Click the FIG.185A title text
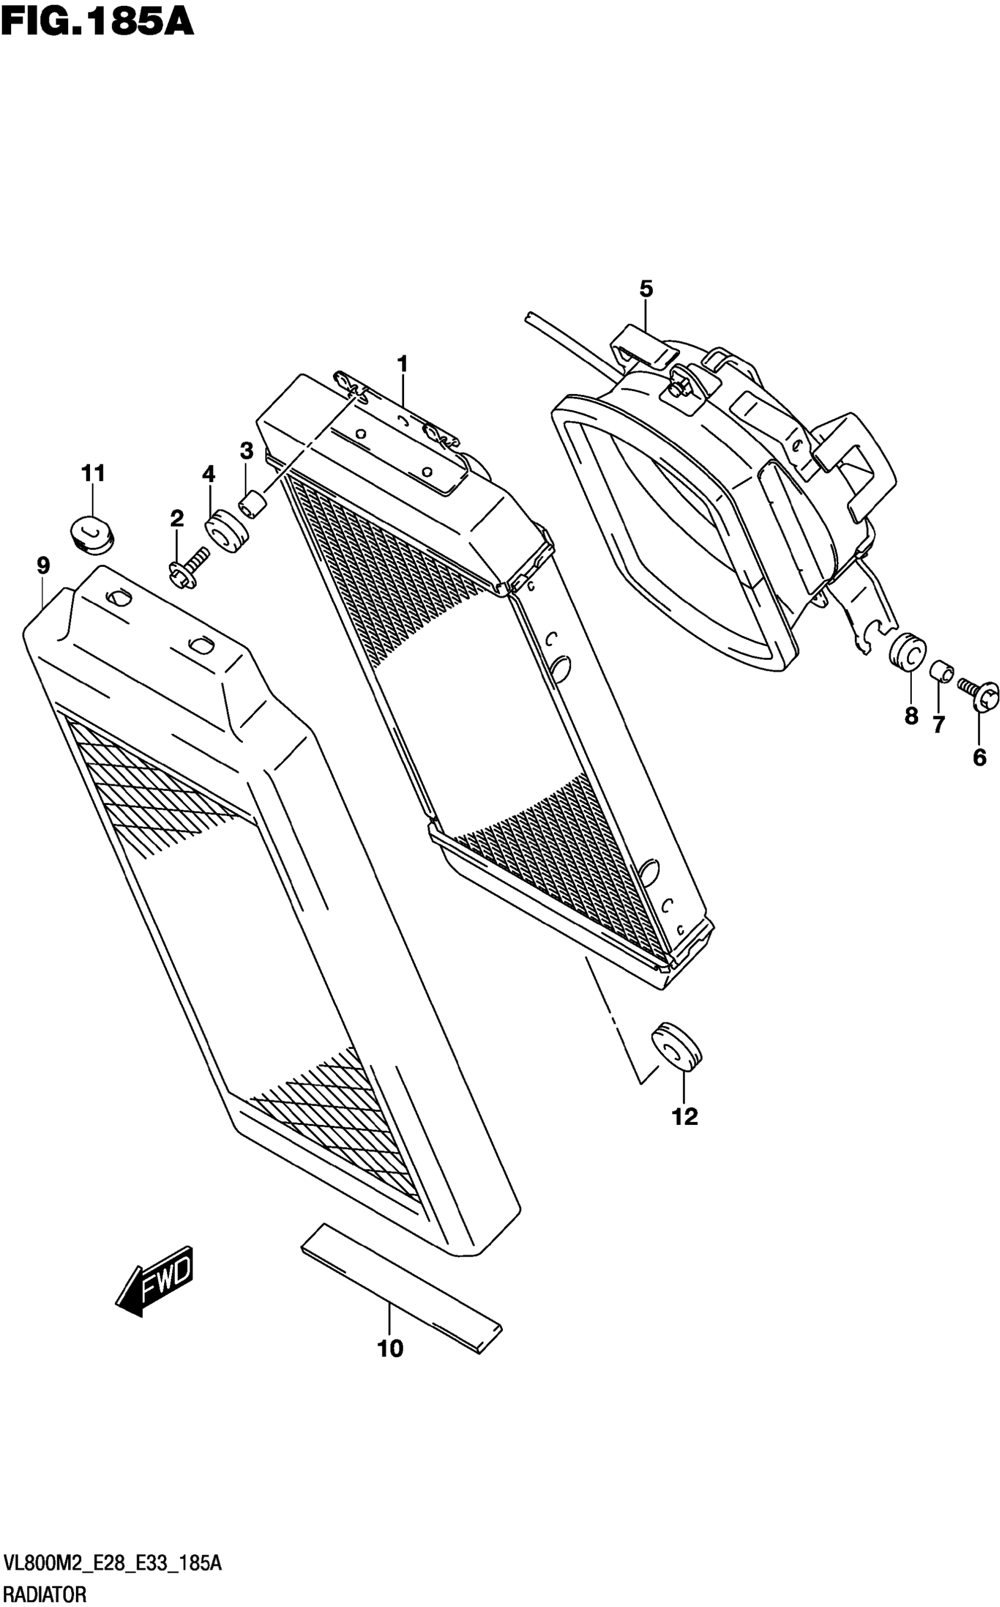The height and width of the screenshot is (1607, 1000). (97, 21)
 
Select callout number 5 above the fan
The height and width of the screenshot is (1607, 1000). (645, 289)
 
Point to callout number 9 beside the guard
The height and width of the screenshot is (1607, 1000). (43, 566)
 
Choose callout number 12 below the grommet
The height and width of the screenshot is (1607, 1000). (685, 1117)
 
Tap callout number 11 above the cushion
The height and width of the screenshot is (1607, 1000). (94, 473)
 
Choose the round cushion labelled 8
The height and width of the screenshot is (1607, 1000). (908, 650)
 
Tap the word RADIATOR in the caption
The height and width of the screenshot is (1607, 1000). (44, 1595)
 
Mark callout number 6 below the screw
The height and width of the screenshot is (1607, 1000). (979, 757)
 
